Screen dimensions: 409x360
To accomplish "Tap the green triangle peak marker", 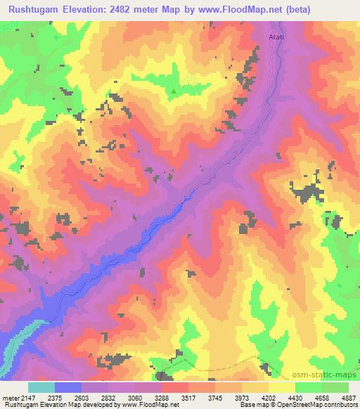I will coord(174,90).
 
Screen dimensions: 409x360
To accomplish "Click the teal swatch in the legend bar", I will coord(41,387).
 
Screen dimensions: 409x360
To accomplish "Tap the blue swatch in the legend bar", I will coord(68,387).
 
